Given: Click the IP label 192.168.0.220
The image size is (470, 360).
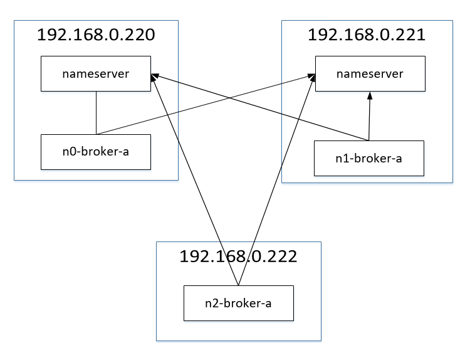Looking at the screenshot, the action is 96,34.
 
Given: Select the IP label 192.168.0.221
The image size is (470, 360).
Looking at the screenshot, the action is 367,34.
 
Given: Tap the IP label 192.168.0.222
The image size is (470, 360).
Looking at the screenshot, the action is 238,257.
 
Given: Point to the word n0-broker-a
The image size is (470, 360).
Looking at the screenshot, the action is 96,152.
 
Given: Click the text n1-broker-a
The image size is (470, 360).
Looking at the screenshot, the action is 368,159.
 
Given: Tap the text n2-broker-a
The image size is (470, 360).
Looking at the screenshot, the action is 238,304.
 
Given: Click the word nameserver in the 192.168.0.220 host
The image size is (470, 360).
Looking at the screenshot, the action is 96,74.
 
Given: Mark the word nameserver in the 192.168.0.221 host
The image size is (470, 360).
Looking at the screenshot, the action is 370,74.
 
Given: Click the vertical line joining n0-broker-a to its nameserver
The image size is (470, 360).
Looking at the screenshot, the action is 97,113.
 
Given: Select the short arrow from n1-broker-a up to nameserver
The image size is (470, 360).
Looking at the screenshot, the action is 369,116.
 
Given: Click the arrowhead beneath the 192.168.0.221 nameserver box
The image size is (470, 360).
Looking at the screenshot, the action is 370,95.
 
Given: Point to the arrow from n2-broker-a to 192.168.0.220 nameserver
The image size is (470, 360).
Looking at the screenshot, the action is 195,179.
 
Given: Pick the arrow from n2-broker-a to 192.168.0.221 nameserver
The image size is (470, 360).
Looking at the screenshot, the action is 276,179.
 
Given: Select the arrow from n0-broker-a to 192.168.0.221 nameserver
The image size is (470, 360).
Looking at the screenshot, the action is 206,104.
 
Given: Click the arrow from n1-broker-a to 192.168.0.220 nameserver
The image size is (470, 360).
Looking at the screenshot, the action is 259,107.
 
